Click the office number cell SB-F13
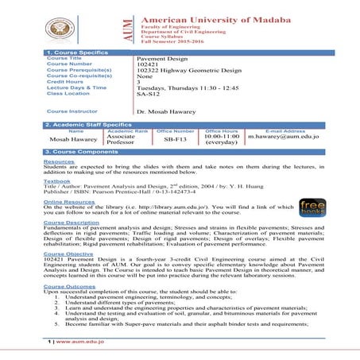[176, 137]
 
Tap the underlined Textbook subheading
[56, 180]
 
